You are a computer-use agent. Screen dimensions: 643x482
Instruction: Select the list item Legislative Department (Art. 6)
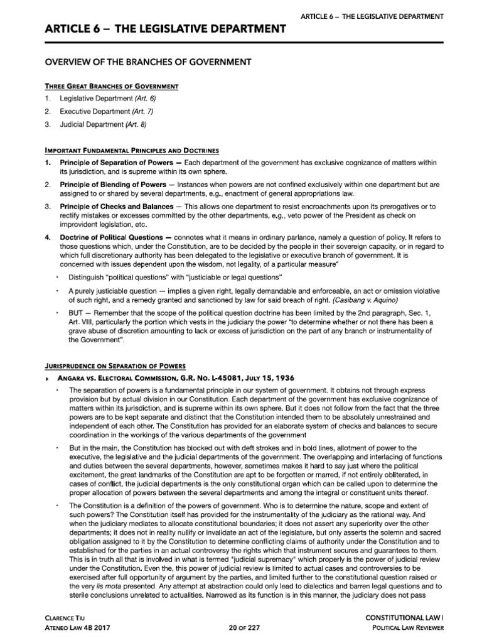click(x=107, y=99)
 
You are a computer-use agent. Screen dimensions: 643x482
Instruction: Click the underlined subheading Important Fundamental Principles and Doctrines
click(x=131, y=151)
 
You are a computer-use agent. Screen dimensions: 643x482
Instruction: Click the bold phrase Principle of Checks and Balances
click(x=112, y=207)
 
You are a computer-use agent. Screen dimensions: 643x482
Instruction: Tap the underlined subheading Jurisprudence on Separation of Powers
click(x=115, y=365)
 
